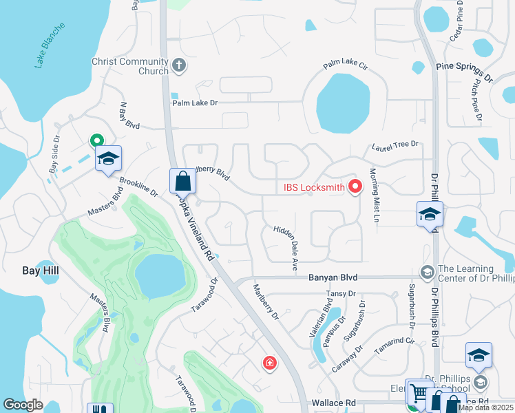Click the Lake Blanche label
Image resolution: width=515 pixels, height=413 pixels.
[x=50, y=45]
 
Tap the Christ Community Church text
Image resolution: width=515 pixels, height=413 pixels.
[x=130, y=66]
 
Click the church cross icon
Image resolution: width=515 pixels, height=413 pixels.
[x=179, y=66]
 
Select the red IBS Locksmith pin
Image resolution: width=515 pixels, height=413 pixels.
[x=355, y=186]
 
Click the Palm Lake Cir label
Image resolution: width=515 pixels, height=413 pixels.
[x=346, y=66]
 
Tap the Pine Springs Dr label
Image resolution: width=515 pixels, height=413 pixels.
[x=465, y=72]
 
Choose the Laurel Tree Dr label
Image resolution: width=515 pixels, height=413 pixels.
[x=395, y=146]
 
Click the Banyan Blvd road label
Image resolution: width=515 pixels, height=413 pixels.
[x=323, y=278]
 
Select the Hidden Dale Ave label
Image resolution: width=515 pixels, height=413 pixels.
[x=286, y=246]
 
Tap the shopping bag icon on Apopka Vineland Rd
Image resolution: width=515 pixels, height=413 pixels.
[x=183, y=182]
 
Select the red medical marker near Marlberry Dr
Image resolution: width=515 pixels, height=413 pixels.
[x=269, y=362]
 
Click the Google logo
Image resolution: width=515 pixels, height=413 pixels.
[x=23, y=405]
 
